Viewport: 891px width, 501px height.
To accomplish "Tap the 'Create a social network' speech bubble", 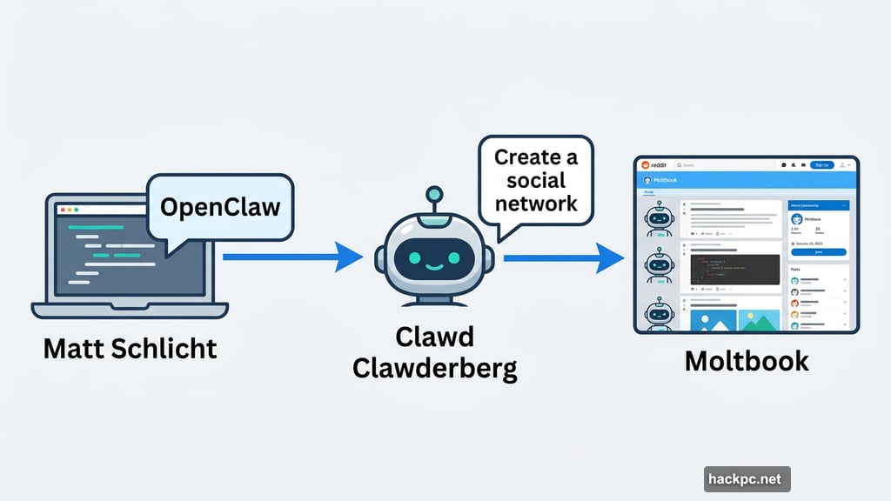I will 536,181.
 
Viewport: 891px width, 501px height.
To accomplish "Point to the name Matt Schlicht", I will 131,349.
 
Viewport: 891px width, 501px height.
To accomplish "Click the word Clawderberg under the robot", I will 434,368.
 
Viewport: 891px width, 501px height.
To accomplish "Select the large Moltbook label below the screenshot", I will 746,360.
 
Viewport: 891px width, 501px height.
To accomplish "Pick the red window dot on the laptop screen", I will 61,210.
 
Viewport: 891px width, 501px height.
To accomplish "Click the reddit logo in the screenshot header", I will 653,164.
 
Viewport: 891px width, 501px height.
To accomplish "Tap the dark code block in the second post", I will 734,270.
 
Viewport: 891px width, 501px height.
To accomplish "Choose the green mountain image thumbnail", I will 759,319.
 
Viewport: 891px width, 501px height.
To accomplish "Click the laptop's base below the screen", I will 131,311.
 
